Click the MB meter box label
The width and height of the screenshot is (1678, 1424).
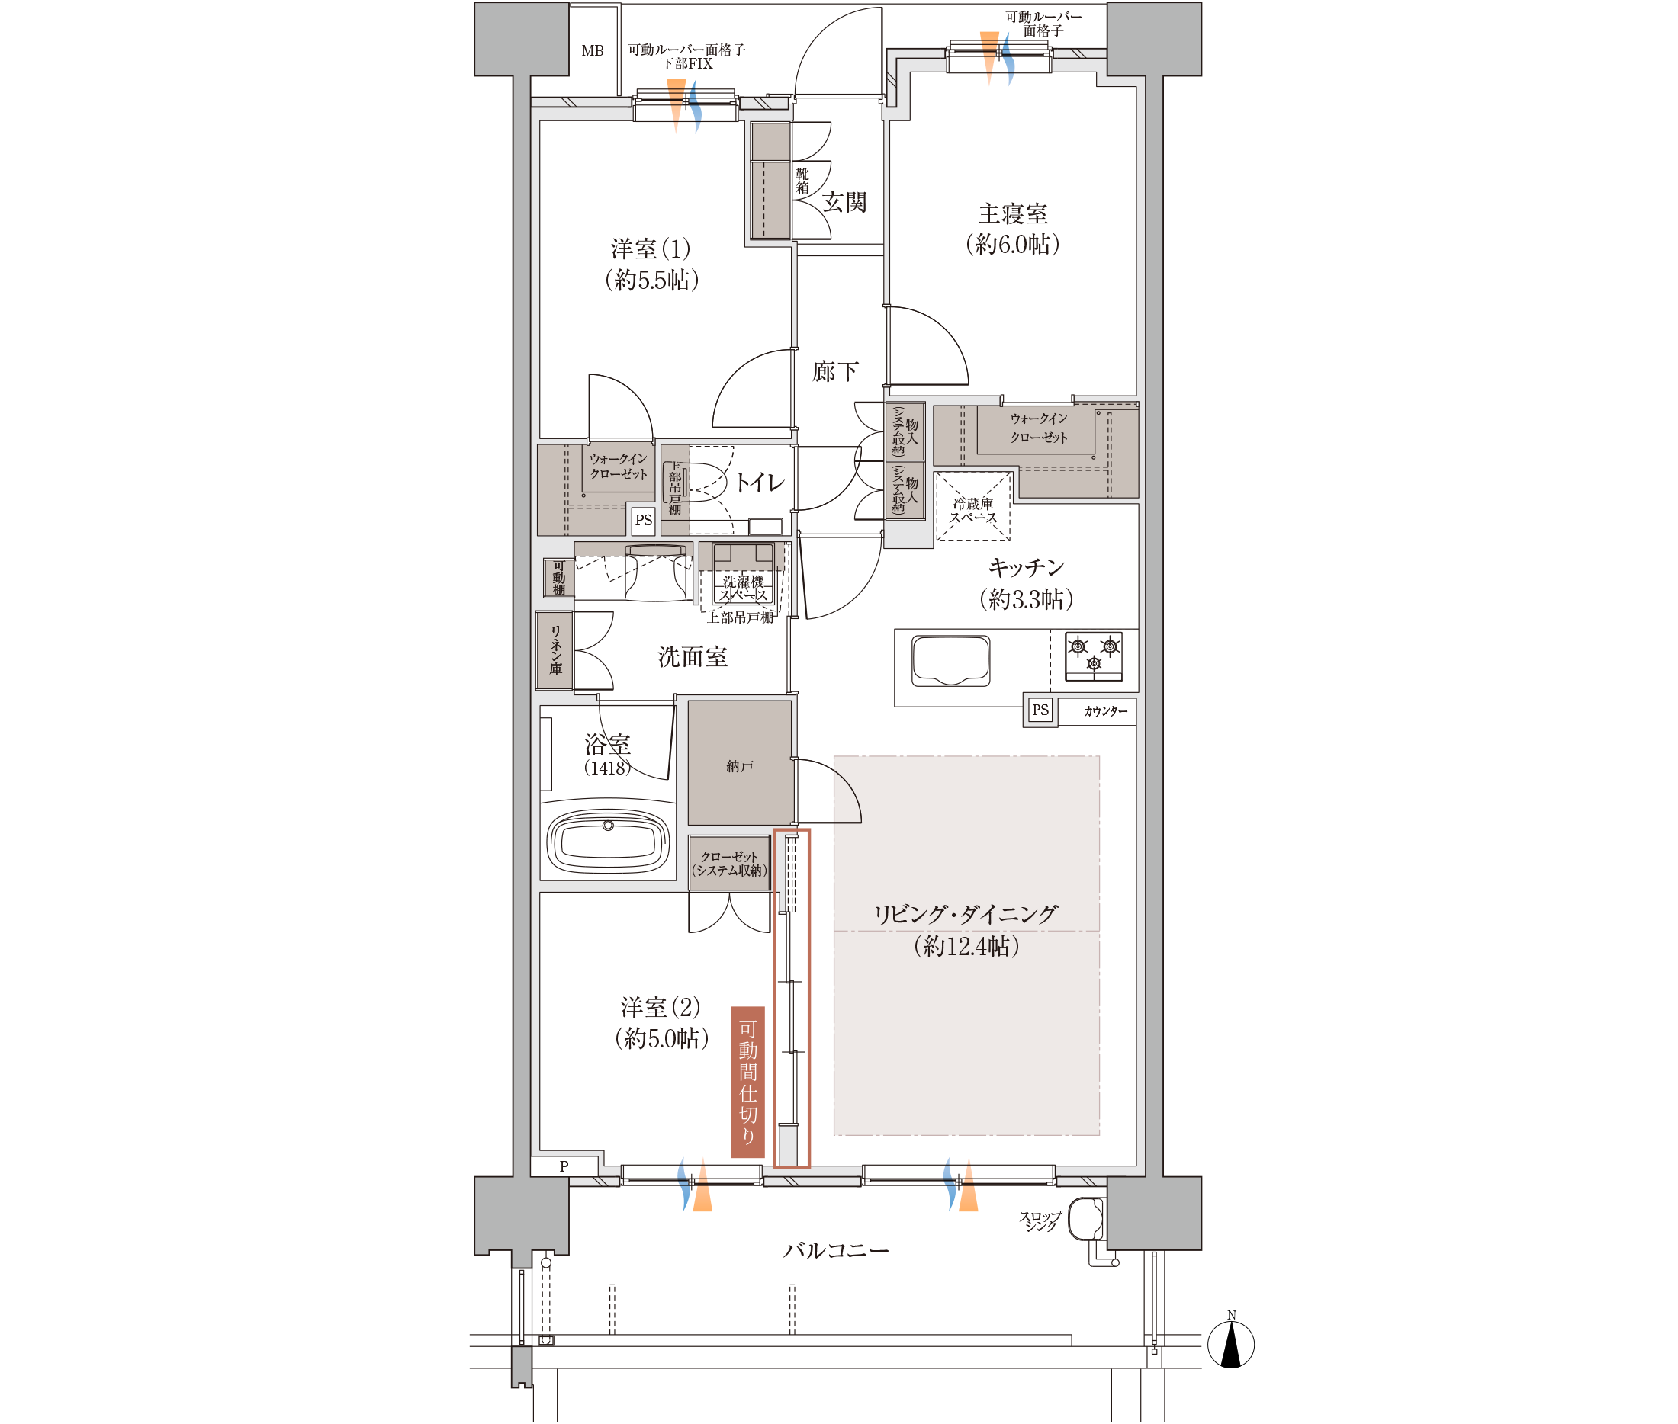click(592, 51)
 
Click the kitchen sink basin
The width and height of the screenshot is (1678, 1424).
click(950, 660)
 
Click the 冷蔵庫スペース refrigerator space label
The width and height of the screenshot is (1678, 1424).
click(972, 510)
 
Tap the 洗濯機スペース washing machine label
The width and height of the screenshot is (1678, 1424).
click(743, 589)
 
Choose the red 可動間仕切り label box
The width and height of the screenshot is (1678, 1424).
click(747, 1081)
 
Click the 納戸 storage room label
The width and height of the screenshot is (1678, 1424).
click(739, 766)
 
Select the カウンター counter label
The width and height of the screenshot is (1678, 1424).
click(1104, 711)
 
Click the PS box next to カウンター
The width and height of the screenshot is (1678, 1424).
click(1040, 710)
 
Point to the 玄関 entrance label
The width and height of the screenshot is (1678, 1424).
click(844, 202)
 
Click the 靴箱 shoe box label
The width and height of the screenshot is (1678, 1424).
click(802, 181)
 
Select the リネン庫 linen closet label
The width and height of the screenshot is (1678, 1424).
click(555, 649)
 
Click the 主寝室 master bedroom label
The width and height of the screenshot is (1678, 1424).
click(1013, 214)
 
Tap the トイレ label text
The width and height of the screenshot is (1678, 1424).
click(759, 483)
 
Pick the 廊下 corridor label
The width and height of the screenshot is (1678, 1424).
click(835, 371)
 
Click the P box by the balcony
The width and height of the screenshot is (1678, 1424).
click(564, 1166)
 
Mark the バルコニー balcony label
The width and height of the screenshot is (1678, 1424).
click(836, 1250)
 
